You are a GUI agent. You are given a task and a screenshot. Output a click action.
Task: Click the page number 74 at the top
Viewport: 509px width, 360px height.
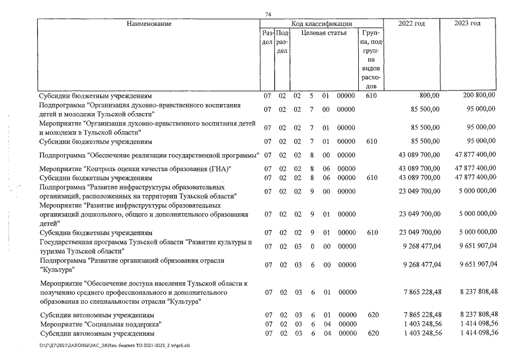tap(268, 14)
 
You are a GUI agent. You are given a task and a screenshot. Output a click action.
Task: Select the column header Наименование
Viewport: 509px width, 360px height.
tap(149, 24)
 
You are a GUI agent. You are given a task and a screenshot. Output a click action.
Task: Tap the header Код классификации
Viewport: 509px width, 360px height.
tap(322, 24)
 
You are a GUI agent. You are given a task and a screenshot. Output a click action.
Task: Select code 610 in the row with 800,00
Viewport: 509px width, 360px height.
tap(371, 96)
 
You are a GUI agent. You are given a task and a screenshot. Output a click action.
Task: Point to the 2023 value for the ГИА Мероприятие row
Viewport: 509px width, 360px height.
tap(475, 168)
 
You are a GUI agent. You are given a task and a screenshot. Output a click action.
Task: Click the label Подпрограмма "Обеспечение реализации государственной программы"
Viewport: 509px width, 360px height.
tap(148, 155)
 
